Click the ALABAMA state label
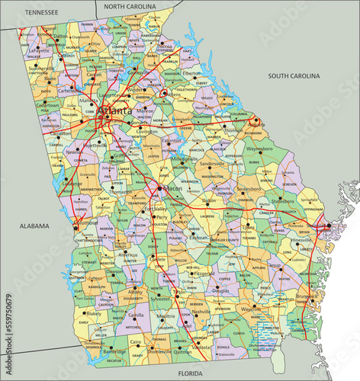click(x=34, y=226)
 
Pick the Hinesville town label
click(x=301, y=239)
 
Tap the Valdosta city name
click(x=201, y=347)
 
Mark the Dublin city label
click(x=210, y=201)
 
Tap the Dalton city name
click(x=60, y=36)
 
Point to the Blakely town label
click(x=94, y=313)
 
